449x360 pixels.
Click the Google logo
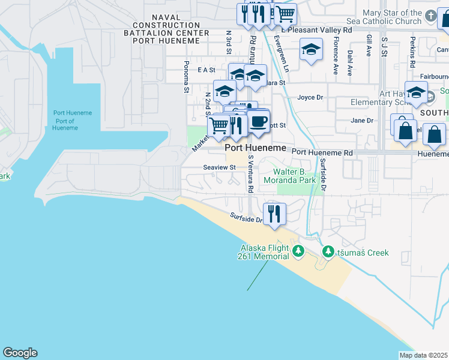(20, 353)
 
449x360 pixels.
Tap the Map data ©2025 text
(423, 355)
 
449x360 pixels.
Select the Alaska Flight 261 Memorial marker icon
(298, 250)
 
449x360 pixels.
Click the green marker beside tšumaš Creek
(328, 251)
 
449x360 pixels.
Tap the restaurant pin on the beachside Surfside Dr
(274, 214)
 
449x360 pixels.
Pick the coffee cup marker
(259, 122)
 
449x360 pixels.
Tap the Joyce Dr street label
(310, 97)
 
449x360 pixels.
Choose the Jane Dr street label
(362, 120)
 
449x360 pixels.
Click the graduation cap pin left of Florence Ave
(311, 50)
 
